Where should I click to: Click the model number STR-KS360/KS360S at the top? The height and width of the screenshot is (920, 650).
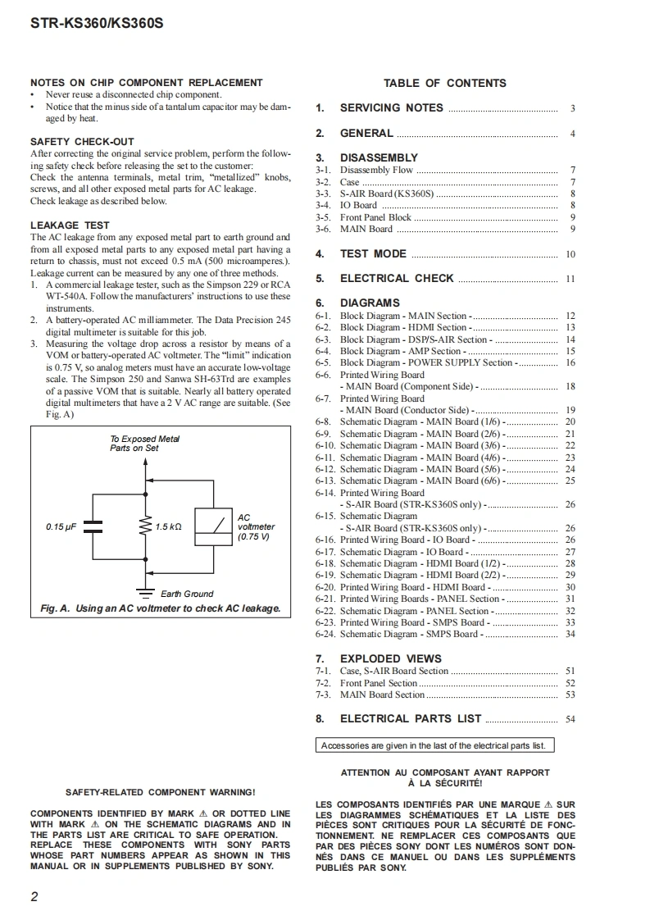click(97, 23)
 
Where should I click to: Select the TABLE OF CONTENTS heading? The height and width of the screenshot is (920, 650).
click(445, 83)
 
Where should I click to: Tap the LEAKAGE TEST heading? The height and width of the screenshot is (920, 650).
click(70, 225)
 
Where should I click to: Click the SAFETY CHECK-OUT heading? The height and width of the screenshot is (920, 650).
click(82, 142)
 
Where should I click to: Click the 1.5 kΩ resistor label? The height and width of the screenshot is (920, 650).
click(168, 526)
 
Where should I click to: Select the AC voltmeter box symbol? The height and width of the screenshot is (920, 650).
click(213, 526)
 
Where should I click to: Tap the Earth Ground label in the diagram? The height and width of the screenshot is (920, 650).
click(187, 594)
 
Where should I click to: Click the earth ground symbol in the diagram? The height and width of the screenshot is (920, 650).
click(147, 591)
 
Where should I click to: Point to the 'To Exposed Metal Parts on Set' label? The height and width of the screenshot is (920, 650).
click(145, 444)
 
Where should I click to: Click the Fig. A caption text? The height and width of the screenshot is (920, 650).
click(161, 608)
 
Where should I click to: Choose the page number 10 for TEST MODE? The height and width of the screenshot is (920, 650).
click(570, 255)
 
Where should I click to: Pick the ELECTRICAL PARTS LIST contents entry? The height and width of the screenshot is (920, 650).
click(411, 719)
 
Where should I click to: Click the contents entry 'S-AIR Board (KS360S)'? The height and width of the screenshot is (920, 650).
click(387, 194)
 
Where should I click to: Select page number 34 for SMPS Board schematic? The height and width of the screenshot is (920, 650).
click(570, 634)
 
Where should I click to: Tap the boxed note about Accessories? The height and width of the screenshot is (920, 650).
click(433, 745)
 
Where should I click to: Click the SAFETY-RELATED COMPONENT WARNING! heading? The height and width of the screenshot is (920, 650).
click(160, 792)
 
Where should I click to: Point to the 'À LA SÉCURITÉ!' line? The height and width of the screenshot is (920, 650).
click(445, 783)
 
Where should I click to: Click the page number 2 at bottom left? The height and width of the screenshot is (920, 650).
click(34, 896)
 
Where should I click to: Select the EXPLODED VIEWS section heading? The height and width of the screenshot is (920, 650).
click(390, 658)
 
